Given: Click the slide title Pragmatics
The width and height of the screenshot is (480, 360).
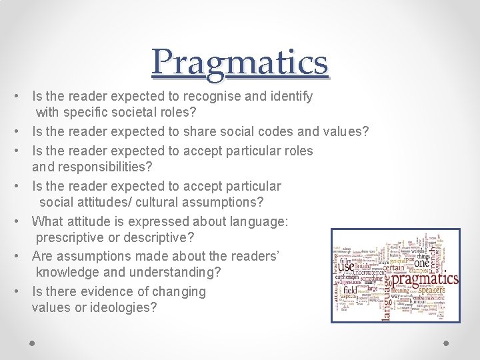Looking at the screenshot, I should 240,62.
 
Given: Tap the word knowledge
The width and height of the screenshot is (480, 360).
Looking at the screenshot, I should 66,272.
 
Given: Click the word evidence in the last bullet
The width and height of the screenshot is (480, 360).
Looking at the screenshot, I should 101,291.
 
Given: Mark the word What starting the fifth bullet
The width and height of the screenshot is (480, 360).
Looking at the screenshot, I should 47,221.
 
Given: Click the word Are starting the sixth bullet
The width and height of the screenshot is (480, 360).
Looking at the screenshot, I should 43,256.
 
